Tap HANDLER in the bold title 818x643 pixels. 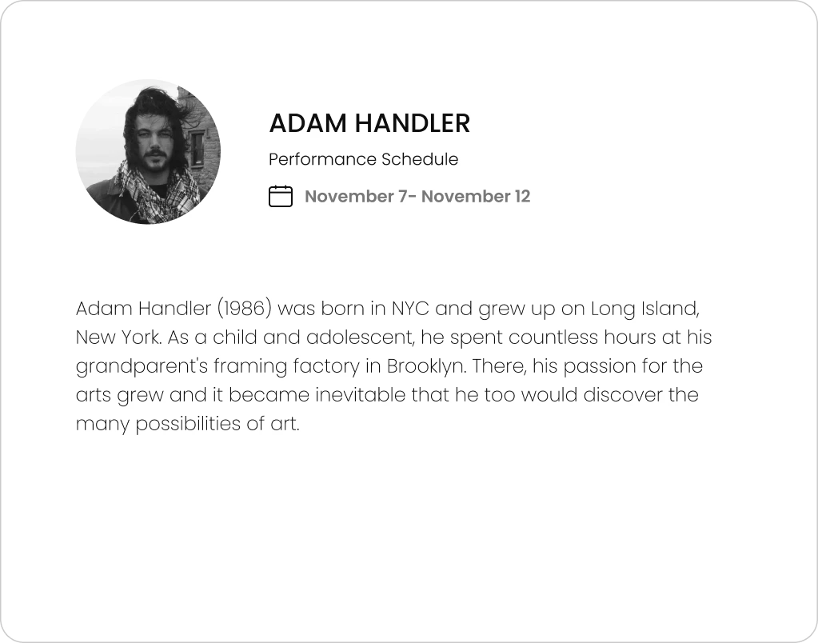(x=413, y=123)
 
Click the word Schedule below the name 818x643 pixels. (x=420, y=159)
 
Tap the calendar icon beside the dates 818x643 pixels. (x=281, y=196)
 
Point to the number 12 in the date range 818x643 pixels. (x=522, y=196)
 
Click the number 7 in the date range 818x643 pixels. (x=402, y=196)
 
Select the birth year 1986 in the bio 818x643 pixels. (x=244, y=309)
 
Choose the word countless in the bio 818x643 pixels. (x=553, y=337)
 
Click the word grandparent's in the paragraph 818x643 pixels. (x=142, y=366)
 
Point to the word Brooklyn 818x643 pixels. (x=425, y=366)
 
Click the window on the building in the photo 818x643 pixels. (x=197, y=150)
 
